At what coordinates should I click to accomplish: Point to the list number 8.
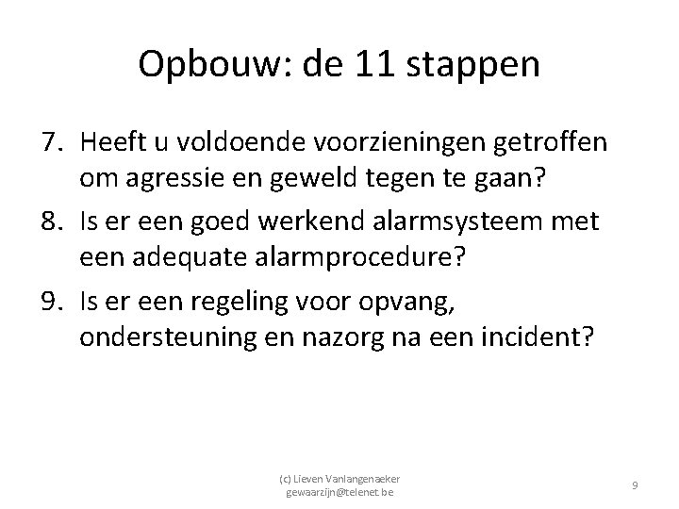point(54,222)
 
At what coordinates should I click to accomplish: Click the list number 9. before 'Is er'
point(54,302)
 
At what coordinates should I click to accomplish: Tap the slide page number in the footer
point(636,484)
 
